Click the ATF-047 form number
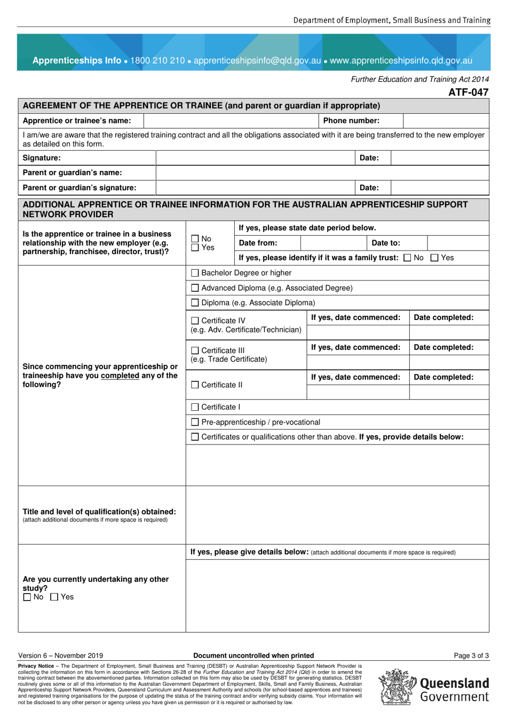click(x=468, y=92)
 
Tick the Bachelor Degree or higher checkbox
click(x=195, y=273)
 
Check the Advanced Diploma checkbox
click(x=195, y=288)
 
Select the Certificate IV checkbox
click(x=195, y=321)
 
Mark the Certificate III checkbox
click(x=195, y=350)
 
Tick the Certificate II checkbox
click(x=195, y=385)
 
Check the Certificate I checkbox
click(x=195, y=408)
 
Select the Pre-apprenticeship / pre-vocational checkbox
click(x=195, y=423)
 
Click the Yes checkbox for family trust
click(x=434, y=258)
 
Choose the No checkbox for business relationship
click(x=195, y=239)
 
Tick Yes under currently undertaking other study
click(x=54, y=597)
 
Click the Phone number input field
click(x=446, y=121)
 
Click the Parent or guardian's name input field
click(x=322, y=173)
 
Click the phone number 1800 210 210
click(x=157, y=60)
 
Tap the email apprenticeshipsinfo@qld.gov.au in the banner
click(x=257, y=60)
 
